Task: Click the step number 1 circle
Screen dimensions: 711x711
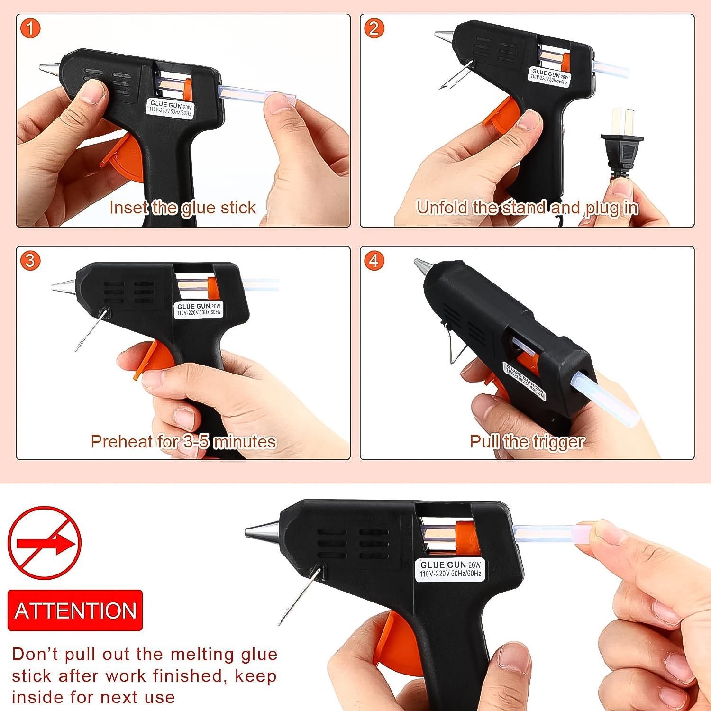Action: coord(30,28)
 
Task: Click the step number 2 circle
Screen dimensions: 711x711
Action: coord(374,28)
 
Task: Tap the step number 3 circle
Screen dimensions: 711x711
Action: coord(30,261)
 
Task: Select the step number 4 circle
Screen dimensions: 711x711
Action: coord(374,261)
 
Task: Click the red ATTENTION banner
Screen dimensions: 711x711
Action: coord(75,611)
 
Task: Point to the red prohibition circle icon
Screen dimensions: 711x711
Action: coord(44,543)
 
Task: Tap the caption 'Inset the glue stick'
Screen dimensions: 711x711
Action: coord(182,208)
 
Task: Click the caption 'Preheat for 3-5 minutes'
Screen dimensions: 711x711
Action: coord(183,442)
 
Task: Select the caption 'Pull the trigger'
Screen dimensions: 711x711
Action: coord(527,442)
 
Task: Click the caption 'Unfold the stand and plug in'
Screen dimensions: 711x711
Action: coord(527,208)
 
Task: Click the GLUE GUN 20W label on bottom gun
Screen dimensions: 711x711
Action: coord(450,569)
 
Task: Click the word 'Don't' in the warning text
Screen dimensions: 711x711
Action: coord(35,654)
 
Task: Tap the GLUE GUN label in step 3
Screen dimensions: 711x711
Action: coord(199,309)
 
